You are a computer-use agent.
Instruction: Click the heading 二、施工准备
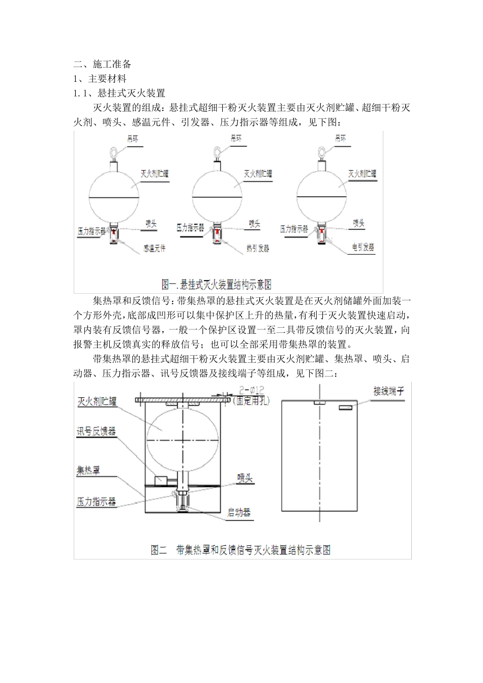point(103,65)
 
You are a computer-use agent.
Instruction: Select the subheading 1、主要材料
point(100,79)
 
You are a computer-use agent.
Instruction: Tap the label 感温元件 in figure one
point(154,249)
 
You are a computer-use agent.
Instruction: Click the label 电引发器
point(363,247)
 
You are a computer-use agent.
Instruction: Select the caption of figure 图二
point(240,550)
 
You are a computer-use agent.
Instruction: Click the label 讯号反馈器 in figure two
point(96,432)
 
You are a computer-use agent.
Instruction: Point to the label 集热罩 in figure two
point(88,470)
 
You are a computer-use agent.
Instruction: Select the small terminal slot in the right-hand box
point(346,407)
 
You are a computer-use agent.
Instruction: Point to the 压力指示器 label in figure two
point(96,502)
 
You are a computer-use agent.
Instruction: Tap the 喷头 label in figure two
point(245,478)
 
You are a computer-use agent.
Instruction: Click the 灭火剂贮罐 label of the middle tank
point(258,174)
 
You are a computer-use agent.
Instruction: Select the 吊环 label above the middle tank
point(237,138)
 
